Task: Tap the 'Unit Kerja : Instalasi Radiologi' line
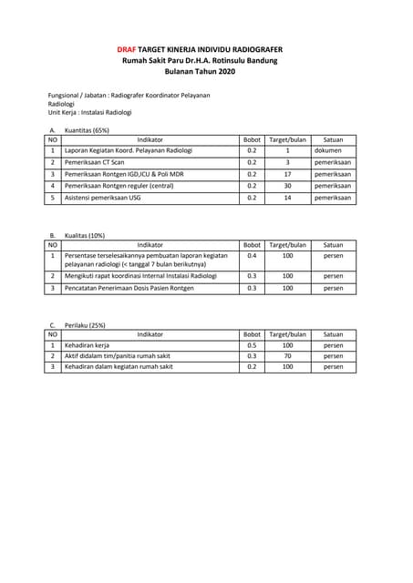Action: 89,112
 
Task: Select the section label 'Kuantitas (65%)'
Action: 87,130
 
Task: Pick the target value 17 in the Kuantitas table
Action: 287,173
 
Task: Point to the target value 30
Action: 287,185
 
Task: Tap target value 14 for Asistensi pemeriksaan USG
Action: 287,197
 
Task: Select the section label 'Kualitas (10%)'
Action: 85,235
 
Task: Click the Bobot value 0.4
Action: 252,256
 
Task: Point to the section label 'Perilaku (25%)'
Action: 85,325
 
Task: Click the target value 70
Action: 287,356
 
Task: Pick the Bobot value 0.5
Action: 252,346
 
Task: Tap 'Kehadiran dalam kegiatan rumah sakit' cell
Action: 119,366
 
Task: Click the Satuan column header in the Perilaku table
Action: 333,335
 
